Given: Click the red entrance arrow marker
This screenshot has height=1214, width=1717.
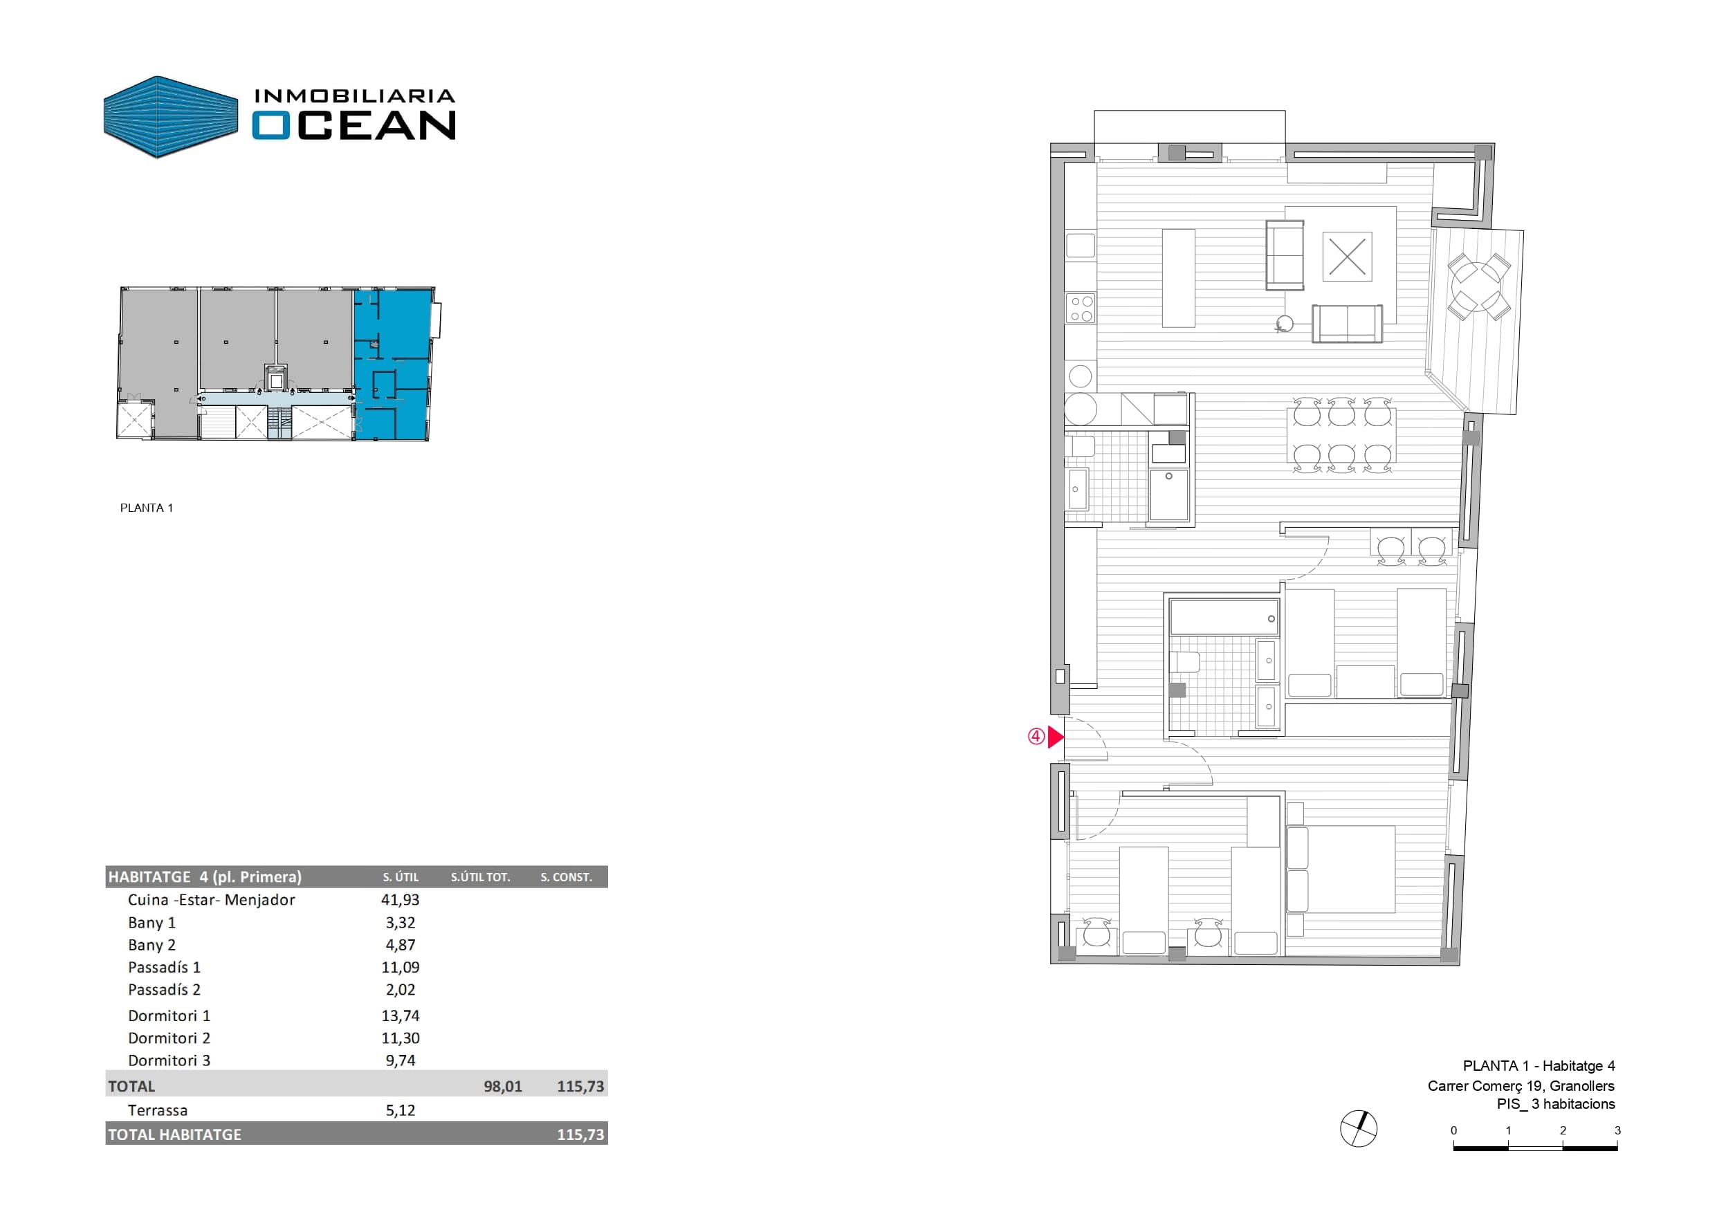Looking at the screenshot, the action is pos(1054,737).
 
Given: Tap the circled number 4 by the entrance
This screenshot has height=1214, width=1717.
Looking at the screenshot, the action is pos(1036,737).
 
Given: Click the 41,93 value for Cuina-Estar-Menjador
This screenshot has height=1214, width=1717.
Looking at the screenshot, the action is pos(400,900).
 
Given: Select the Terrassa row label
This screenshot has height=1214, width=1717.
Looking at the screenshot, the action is pos(158,1110).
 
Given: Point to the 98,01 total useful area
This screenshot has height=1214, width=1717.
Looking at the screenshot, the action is pos(502,1086).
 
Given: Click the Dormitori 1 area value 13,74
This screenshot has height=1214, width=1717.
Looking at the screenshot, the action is pos(400,1015).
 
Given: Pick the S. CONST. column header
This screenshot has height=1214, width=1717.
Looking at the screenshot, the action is pos(566,876).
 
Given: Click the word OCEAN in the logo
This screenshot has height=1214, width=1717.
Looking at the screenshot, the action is pos(353,125).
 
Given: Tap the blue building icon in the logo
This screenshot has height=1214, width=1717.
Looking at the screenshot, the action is pos(170,117).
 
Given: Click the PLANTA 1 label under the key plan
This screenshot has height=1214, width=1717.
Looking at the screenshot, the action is pos(147,508).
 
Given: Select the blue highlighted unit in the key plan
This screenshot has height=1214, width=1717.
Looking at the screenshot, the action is pos(394,365).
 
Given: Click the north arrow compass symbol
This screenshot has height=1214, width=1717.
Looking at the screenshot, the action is pos(1358,1129).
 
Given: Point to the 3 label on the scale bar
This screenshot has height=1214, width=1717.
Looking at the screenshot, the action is pos(1617,1130).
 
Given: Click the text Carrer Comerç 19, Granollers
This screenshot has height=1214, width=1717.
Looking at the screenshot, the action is pos(1521,1085).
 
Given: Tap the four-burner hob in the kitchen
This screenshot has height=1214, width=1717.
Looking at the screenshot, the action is pos(1081,309).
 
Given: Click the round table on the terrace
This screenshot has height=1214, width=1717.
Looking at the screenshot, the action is pos(1477,286).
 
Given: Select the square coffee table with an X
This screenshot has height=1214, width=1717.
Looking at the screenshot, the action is pos(1347,257).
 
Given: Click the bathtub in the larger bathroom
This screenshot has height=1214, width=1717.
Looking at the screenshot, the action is pos(1224,617).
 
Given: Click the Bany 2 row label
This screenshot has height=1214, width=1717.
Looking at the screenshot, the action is pos(151,945).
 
